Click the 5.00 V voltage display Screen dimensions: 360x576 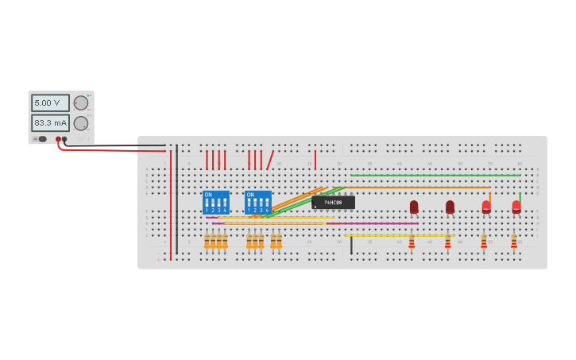pos(50,103)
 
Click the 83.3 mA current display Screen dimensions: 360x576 pos(50,123)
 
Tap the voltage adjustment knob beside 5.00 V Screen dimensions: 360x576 pos(81,103)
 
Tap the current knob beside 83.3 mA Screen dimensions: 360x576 pos(81,123)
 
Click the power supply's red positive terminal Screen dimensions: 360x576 pos(58,139)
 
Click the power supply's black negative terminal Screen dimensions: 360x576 pos(65,139)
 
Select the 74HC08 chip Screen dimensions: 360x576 pos(334,203)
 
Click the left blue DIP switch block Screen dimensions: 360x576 pos(216,202)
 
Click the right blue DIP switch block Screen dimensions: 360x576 pos(258,202)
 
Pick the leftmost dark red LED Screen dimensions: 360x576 pos(414,207)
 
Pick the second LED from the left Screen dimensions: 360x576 pos(450,207)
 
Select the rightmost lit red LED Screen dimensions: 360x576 pos(516,207)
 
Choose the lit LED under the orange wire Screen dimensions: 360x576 pos(486,207)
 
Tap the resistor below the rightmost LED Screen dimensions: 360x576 pos(513,240)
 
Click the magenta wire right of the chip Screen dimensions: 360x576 pos(373,223)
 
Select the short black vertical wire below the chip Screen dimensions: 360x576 pos(351,245)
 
